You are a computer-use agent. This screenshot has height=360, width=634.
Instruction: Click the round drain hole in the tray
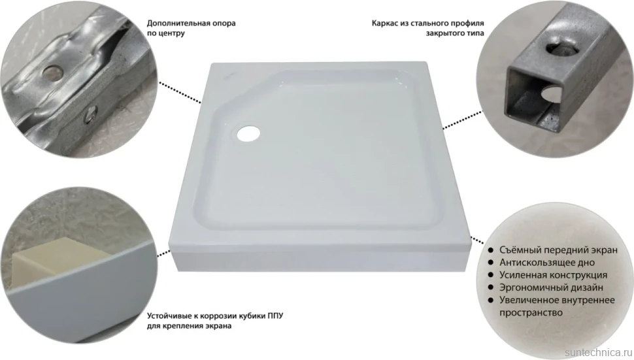click(x=248, y=133)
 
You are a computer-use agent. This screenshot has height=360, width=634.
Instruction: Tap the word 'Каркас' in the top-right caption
click(x=385, y=24)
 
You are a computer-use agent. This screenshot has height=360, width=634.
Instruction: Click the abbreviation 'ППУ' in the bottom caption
click(x=275, y=316)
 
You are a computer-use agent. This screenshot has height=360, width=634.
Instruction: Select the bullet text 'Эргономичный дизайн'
click(x=551, y=287)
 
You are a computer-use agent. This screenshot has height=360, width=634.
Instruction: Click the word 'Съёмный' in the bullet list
click(x=519, y=250)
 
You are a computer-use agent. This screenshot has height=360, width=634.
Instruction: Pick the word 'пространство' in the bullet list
click(x=531, y=313)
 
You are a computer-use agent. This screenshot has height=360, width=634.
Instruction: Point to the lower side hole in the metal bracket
click(x=90, y=114)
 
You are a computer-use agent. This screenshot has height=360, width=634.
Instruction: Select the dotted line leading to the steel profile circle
click(x=463, y=120)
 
